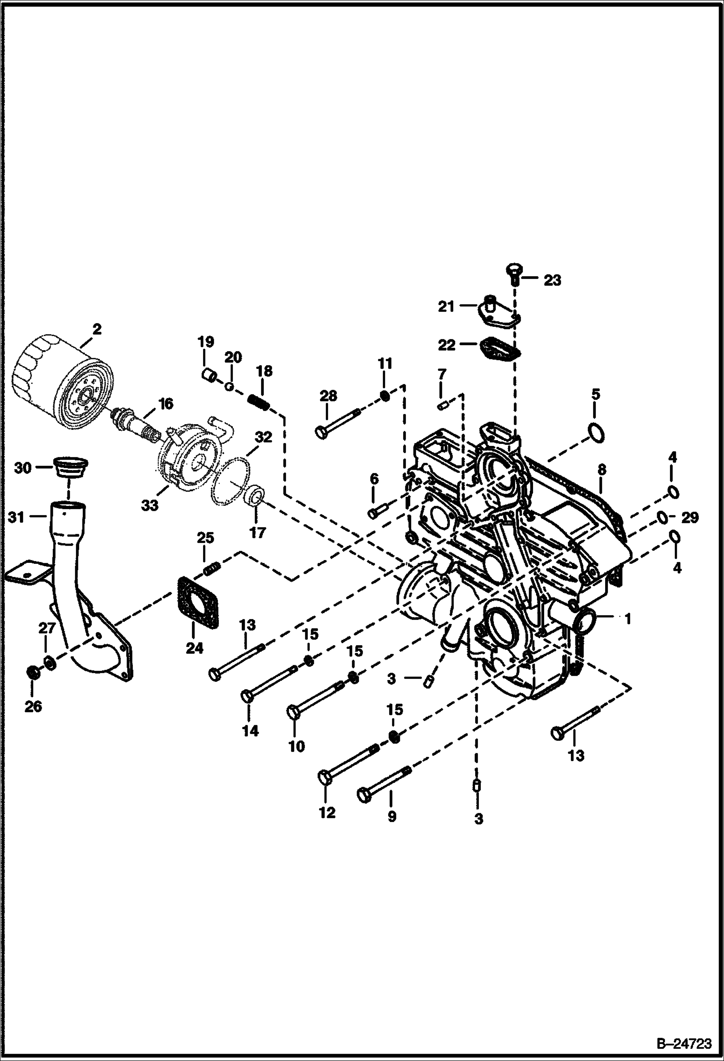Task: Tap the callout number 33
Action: [150, 506]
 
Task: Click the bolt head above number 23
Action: [514, 269]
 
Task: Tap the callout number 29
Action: [690, 518]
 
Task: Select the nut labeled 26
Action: [33, 673]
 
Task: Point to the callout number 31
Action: [17, 517]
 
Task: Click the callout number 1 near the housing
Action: [627, 618]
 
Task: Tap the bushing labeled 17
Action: [255, 497]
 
